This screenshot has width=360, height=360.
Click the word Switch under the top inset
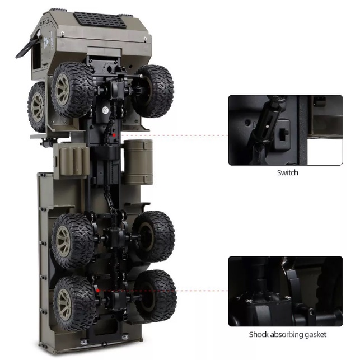coord(287,172)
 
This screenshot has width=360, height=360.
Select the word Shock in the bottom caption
coord(260,335)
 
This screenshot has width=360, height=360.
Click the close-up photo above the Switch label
coord(285,130)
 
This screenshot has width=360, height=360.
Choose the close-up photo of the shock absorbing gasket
coord(285,291)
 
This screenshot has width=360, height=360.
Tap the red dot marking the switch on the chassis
coord(114,135)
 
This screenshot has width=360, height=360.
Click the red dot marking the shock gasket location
coord(99,291)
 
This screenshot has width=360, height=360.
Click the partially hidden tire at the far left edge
coord(38,104)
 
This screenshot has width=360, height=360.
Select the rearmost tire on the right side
coord(156,295)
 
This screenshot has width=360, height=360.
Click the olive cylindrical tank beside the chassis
coord(138,162)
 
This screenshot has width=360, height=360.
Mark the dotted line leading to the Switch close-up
coord(174,135)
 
